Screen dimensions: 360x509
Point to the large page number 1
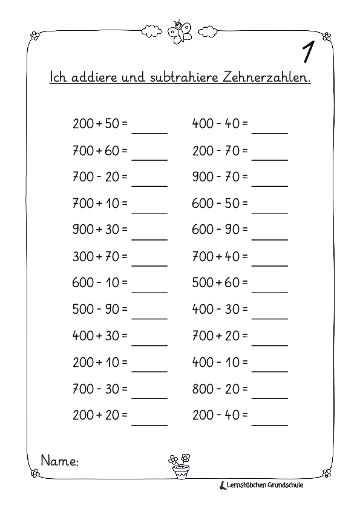pyautogui.click(x=307, y=53)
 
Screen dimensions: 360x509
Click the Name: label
pyautogui.click(x=60, y=461)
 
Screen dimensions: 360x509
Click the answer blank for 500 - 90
pyautogui.click(x=149, y=313)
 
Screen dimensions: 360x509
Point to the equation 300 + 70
pyautogui.click(x=100, y=256)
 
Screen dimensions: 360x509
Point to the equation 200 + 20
pyautogui.click(x=100, y=416)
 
